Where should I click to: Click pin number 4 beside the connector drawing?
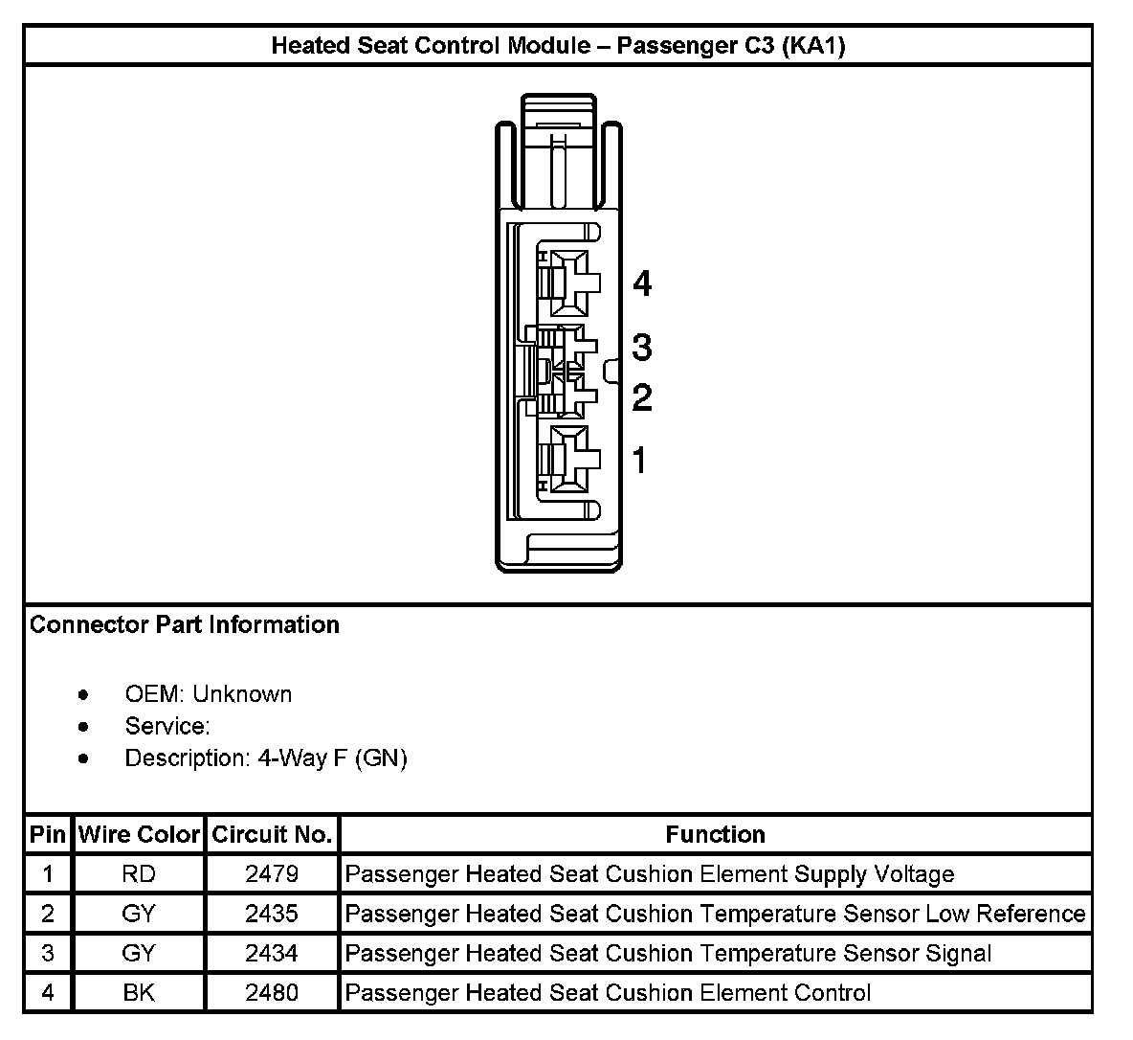pyautogui.click(x=642, y=283)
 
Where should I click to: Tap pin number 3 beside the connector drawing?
pyautogui.click(x=642, y=347)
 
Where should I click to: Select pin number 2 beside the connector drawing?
pyautogui.click(x=642, y=397)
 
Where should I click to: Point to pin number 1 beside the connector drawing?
pyautogui.click(x=640, y=461)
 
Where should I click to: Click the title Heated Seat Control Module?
pyautogui.click(x=558, y=46)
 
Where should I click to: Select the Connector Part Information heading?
pyautogui.click(x=185, y=625)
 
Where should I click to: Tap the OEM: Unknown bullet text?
pyautogui.click(x=208, y=694)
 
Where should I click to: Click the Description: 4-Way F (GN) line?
pyautogui.click(x=266, y=758)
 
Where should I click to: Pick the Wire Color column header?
pyautogui.click(x=139, y=835)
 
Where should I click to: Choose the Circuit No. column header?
pyautogui.click(x=272, y=835)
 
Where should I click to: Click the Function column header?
pyautogui.click(x=715, y=835)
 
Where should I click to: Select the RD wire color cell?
pyautogui.click(x=139, y=874)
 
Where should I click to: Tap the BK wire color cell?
pyautogui.click(x=139, y=993)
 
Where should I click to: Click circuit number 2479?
pyautogui.click(x=272, y=874)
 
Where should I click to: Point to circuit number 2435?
pyautogui.click(x=272, y=914)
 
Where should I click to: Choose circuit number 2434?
pyautogui.click(x=272, y=954)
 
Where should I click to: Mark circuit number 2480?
pyautogui.click(x=272, y=993)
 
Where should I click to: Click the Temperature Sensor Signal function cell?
pyautogui.click(x=668, y=954)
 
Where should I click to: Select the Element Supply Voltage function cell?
pyautogui.click(x=650, y=874)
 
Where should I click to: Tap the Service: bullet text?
pyautogui.click(x=167, y=726)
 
